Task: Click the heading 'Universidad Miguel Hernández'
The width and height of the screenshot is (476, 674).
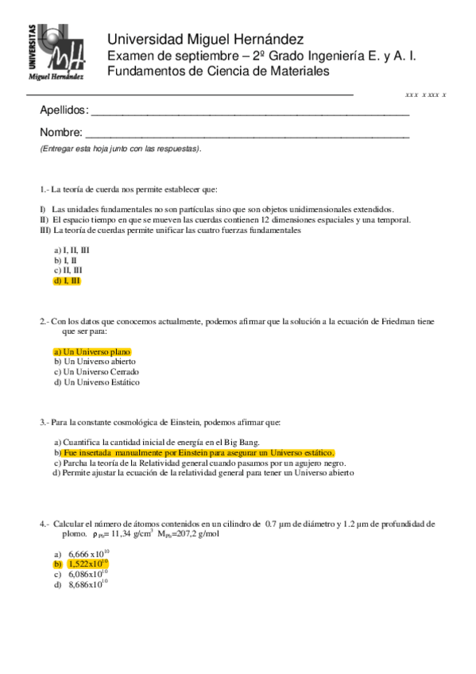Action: [204, 39]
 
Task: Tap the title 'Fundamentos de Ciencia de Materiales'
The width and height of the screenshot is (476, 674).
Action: [218, 72]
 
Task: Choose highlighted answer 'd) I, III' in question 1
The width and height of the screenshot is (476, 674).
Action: [67, 281]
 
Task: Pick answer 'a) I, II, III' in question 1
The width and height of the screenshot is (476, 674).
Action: [72, 250]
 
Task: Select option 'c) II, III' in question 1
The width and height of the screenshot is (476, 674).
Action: [68, 270]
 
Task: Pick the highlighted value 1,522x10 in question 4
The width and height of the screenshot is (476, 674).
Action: [87, 563]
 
